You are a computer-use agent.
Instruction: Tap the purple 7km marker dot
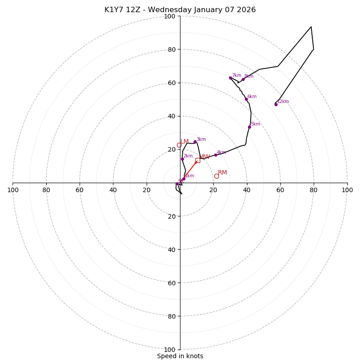[230, 78]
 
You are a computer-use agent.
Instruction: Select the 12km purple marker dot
[276, 104]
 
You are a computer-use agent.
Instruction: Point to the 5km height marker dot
[249, 127]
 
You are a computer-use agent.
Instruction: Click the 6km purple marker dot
[246, 99]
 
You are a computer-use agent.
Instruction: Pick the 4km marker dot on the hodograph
[216, 155]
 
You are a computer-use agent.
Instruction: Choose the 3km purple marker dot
[195, 142]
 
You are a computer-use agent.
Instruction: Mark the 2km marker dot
[182, 159]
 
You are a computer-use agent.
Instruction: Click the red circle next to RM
[216, 176]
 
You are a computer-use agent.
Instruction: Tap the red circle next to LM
[179, 145]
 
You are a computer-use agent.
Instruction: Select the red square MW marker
[198, 160]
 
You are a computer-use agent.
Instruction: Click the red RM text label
[222, 173]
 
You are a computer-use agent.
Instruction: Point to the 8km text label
[249, 76]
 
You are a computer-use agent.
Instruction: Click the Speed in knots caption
[180, 356]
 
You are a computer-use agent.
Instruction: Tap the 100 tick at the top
[170, 16]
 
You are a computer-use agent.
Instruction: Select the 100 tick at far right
[347, 190]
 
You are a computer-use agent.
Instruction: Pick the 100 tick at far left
[13, 190]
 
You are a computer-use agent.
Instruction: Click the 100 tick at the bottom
[170, 349]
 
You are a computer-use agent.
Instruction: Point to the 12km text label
[283, 102]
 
